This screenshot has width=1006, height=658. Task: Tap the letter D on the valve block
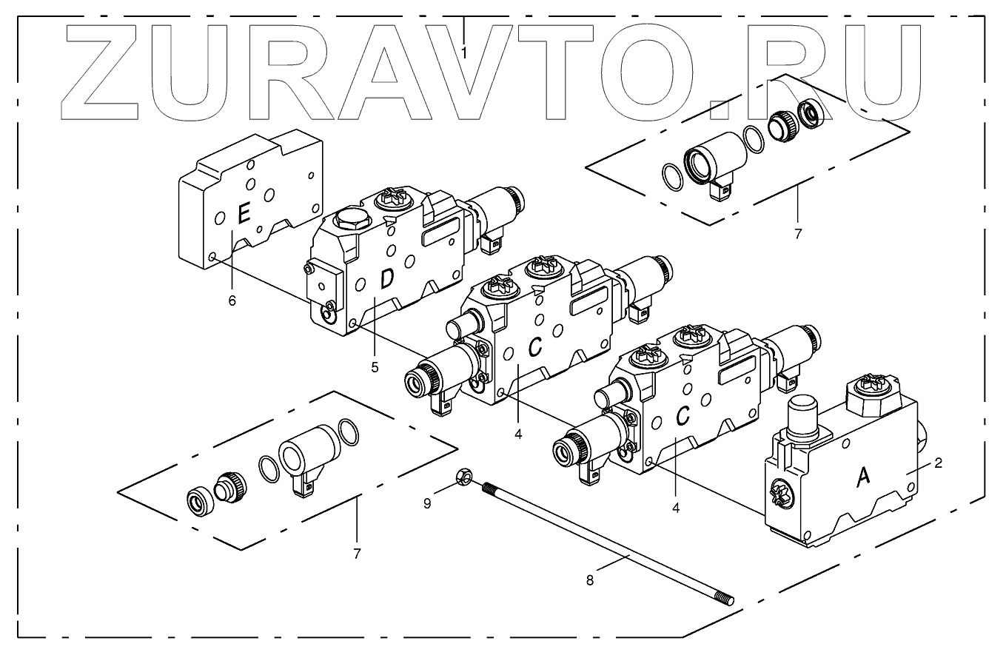[x=386, y=280]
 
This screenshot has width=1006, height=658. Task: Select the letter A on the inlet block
[x=863, y=478]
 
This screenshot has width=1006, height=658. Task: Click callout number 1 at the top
[x=464, y=53]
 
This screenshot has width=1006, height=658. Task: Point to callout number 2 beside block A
[x=938, y=463]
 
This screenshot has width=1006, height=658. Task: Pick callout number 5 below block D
[x=375, y=367]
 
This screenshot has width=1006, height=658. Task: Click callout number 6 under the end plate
[x=232, y=300]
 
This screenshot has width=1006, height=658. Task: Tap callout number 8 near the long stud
[x=590, y=580]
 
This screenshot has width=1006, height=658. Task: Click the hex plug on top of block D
[x=348, y=220]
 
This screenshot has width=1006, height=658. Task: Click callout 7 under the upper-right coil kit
[x=798, y=234]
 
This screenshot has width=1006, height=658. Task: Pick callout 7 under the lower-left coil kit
[x=357, y=553]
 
